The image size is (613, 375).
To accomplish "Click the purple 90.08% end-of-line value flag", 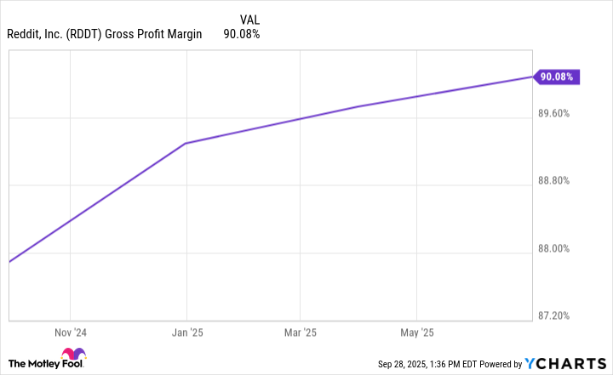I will click(556, 77).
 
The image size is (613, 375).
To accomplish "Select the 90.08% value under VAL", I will click(241, 35).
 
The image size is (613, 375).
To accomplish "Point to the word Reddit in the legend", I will click(26, 35).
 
